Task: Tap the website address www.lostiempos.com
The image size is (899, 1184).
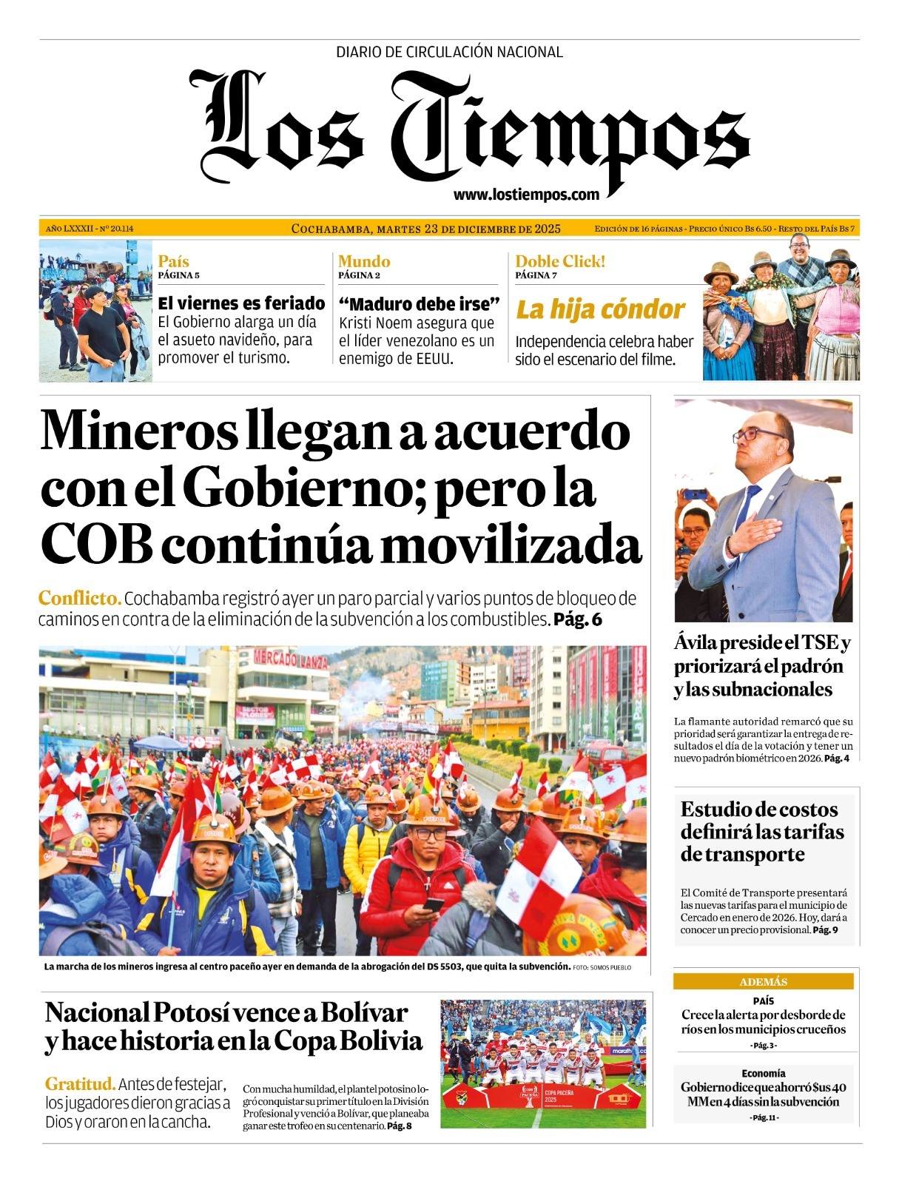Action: [x=526, y=195]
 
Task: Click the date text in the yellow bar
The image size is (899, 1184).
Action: [x=426, y=229]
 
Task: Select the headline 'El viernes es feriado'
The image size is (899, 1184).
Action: [x=241, y=303]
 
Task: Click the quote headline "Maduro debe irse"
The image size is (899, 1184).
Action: [x=420, y=303]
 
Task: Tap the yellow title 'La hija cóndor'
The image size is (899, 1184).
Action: [x=599, y=309]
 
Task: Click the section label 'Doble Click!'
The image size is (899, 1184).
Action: [x=560, y=261]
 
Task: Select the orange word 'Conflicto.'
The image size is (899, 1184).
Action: [x=79, y=598]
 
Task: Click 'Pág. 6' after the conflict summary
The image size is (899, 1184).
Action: [x=577, y=619]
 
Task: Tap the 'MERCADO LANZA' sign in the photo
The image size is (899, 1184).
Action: [x=291, y=658]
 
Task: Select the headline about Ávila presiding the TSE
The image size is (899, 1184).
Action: [x=762, y=666]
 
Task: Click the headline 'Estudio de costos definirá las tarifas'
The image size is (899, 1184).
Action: [x=762, y=831]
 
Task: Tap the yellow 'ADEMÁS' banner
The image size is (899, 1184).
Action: [x=763, y=982]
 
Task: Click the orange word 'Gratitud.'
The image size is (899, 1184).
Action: [x=80, y=1084]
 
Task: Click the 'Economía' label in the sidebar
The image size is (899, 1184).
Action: [x=763, y=1073]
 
